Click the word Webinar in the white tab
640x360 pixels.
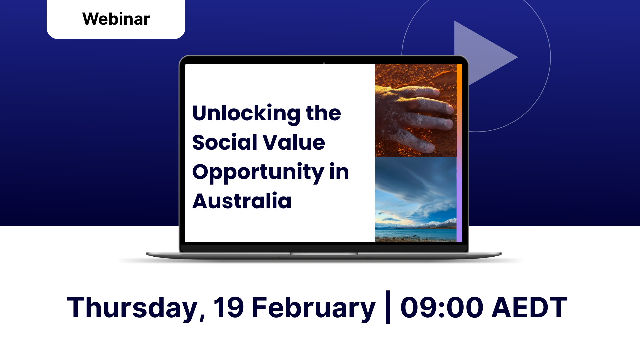click(x=116, y=19)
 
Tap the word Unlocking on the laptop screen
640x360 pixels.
click(x=246, y=114)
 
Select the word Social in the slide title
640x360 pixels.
click(x=225, y=142)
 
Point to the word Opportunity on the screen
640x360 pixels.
click(x=258, y=173)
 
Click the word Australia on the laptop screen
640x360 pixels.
click(x=242, y=201)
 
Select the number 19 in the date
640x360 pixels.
click(x=229, y=307)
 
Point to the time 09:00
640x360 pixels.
click(x=442, y=307)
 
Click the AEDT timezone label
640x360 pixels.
click(x=529, y=307)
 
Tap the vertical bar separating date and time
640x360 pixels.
click(x=388, y=307)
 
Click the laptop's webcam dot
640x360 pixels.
click(x=324, y=62)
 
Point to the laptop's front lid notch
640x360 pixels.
click(x=324, y=254)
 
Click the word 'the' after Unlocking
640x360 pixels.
click(x=323, y=113)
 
